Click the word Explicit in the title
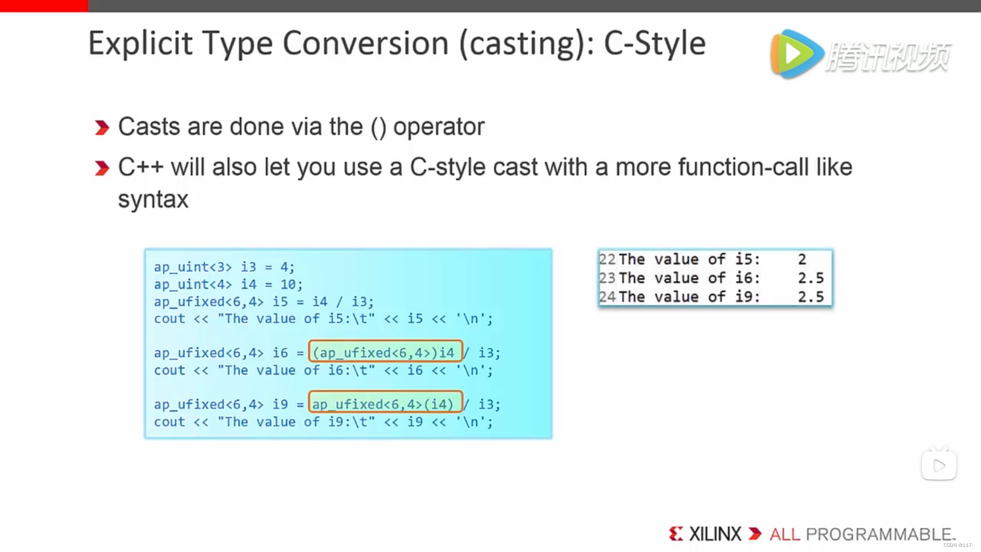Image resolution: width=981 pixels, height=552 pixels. coord(141,44)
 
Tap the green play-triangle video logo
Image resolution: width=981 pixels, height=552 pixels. coord(796,54)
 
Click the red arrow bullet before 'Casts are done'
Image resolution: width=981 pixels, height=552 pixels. coord(102,127)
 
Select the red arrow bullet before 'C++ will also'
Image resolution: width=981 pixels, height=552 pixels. coord(102,168)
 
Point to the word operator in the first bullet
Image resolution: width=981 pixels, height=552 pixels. coord(439,127)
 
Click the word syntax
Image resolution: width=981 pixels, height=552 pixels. coord(153,200)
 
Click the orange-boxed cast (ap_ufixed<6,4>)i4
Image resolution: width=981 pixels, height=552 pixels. coord(386,353)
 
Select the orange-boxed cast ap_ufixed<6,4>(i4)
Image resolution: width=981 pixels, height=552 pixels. coord(386,404)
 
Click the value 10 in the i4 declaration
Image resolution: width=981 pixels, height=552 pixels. coord(288,284)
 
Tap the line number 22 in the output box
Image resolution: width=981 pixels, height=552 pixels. coord(607,260)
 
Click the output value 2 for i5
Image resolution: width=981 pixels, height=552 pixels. coord(802,260)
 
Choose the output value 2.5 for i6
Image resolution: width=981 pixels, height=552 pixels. coord(811,278)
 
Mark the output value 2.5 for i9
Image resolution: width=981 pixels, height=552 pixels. coord(811,297)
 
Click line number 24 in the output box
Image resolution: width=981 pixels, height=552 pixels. coord(607,297)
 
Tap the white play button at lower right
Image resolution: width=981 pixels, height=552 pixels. coord(939,465)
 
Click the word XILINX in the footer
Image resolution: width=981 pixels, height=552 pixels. coord(715,534)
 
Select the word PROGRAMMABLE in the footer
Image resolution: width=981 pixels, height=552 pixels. coord(879,534)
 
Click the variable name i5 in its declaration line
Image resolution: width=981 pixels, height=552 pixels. coord(280,302)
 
